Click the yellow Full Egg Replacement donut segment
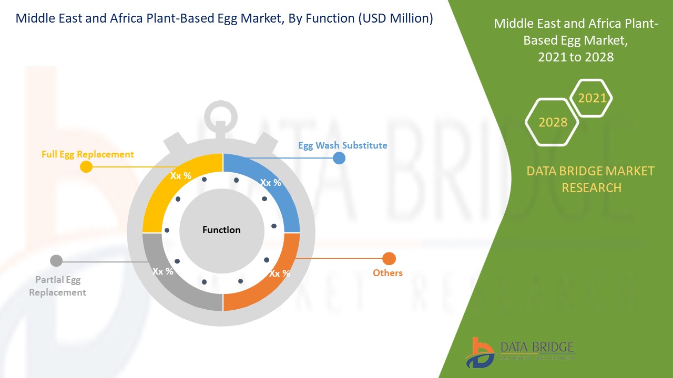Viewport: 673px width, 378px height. (158, 194)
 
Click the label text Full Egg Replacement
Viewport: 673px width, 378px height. (88, 154)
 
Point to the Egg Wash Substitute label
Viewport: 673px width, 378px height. (342, 145)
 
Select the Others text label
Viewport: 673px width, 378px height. (388, 273)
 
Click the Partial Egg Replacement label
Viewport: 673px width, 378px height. (57, 286)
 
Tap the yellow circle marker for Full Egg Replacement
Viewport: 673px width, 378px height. (86, 167)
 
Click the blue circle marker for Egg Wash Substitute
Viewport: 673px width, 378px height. (339, 158)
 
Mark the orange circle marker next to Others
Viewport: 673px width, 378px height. (389, 259)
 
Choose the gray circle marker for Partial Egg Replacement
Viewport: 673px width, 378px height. (56, 260)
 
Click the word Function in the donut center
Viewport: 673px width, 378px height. (221, 230)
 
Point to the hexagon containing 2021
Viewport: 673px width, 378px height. (592, 98)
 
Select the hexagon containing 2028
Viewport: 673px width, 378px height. (553, 122)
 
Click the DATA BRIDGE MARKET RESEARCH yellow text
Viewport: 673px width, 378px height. (591, 179)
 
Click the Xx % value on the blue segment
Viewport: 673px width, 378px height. (271, 183)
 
